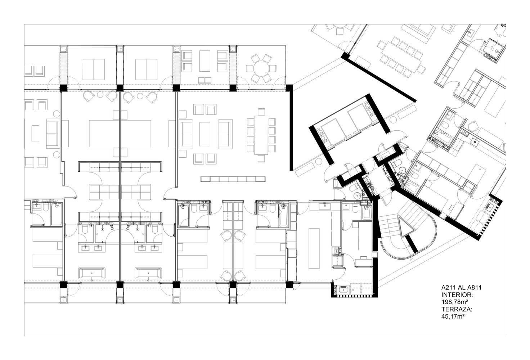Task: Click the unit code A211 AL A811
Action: click(x=461, y=288)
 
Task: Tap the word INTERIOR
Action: click(x=457, y=295)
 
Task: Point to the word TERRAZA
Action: click(x=457, y=309)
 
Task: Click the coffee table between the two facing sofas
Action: click(x=205, y=134)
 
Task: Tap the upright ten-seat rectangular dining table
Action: click(x=261, y=135)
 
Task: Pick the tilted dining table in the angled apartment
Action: click(x=402, y=57)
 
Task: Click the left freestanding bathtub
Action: click(x=92, y=273)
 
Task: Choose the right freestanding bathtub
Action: click(x=148, y=273)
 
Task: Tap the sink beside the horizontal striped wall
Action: click(x=343, y=289)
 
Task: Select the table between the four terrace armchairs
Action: click(x=205, y=61)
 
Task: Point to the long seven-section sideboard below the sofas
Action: click(x=233, y=179)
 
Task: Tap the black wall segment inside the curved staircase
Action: click(x=412, y=244)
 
